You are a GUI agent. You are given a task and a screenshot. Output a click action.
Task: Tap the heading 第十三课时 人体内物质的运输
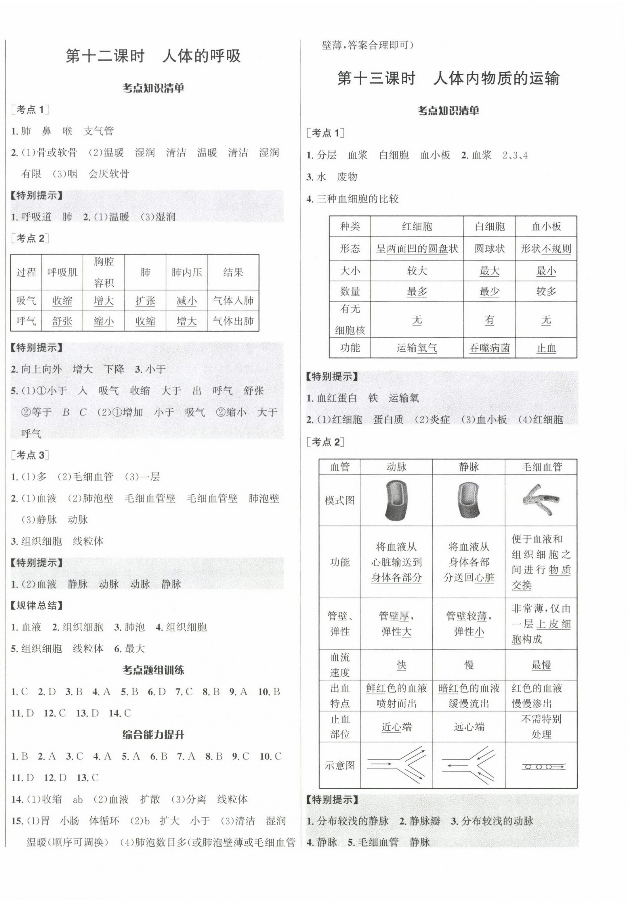tap(448, 79)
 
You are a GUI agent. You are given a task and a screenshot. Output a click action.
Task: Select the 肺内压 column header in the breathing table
tap(186, 272)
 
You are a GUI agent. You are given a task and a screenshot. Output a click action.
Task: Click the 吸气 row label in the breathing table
tap(26, 301)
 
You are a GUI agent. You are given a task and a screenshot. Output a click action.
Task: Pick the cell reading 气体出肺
tap(233, 321)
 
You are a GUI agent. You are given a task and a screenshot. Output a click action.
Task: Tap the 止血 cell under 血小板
tap(546, 348)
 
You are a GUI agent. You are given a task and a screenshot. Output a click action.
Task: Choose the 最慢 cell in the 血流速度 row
tap(541, 665)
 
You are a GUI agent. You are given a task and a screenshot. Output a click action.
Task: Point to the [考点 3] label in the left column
tap(30, 456)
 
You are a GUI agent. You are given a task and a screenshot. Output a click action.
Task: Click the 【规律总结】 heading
tap(37, 606)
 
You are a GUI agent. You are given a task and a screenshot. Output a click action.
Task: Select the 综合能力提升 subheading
tap(153, 735)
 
